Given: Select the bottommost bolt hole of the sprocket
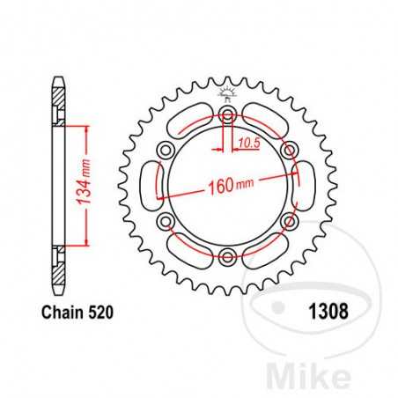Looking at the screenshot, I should point(229,256).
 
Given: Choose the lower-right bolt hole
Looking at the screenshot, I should point(289,222).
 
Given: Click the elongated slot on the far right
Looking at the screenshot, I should point(308,187).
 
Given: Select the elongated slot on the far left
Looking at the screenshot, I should point(149,187).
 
